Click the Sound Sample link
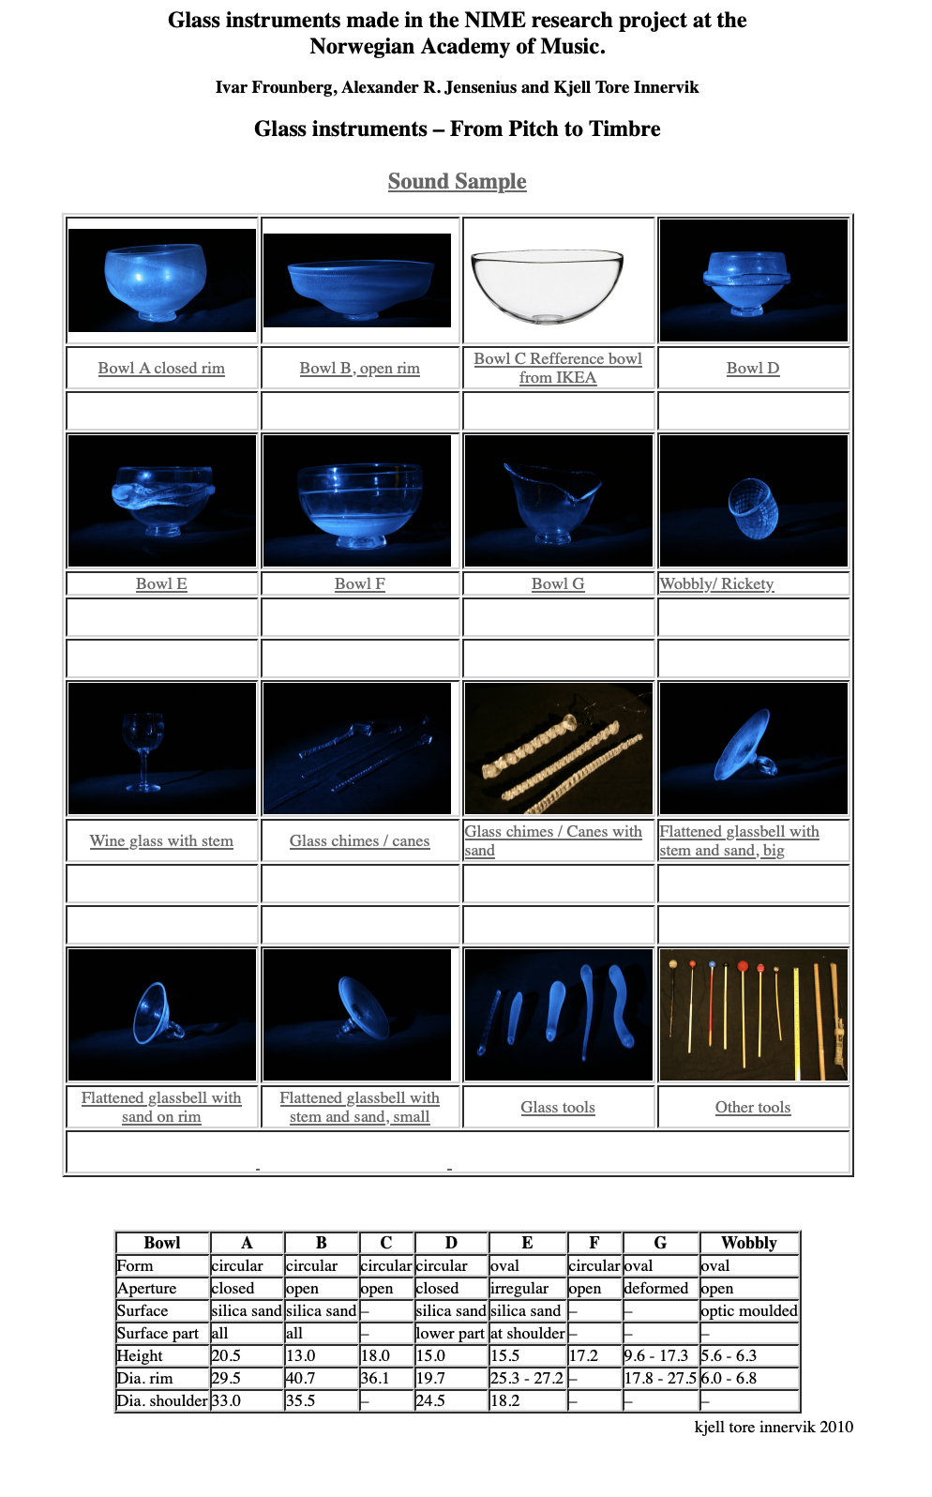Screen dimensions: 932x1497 (457, 181)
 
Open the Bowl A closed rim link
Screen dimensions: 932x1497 (161, 369)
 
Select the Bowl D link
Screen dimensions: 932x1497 (753, 369)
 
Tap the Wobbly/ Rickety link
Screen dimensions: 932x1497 (717, 584)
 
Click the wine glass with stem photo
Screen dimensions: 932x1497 (161, 748)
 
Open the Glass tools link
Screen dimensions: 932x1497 (558, 1108)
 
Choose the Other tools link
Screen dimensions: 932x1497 (753, 1108)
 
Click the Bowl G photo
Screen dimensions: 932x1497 (558, 501)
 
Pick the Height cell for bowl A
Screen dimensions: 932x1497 (247, 1355)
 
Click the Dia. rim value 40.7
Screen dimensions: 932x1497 (322, 1378)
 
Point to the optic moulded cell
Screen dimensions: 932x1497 (749, 1310)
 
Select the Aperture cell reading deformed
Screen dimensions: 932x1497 (660, 1288)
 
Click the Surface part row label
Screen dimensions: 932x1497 (162, 1333)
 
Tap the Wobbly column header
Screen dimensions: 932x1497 (749, 1243)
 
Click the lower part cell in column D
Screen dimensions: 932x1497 (450, 1333)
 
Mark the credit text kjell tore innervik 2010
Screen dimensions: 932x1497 (774, 1427)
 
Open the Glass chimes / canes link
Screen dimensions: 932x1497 (359, 840)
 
